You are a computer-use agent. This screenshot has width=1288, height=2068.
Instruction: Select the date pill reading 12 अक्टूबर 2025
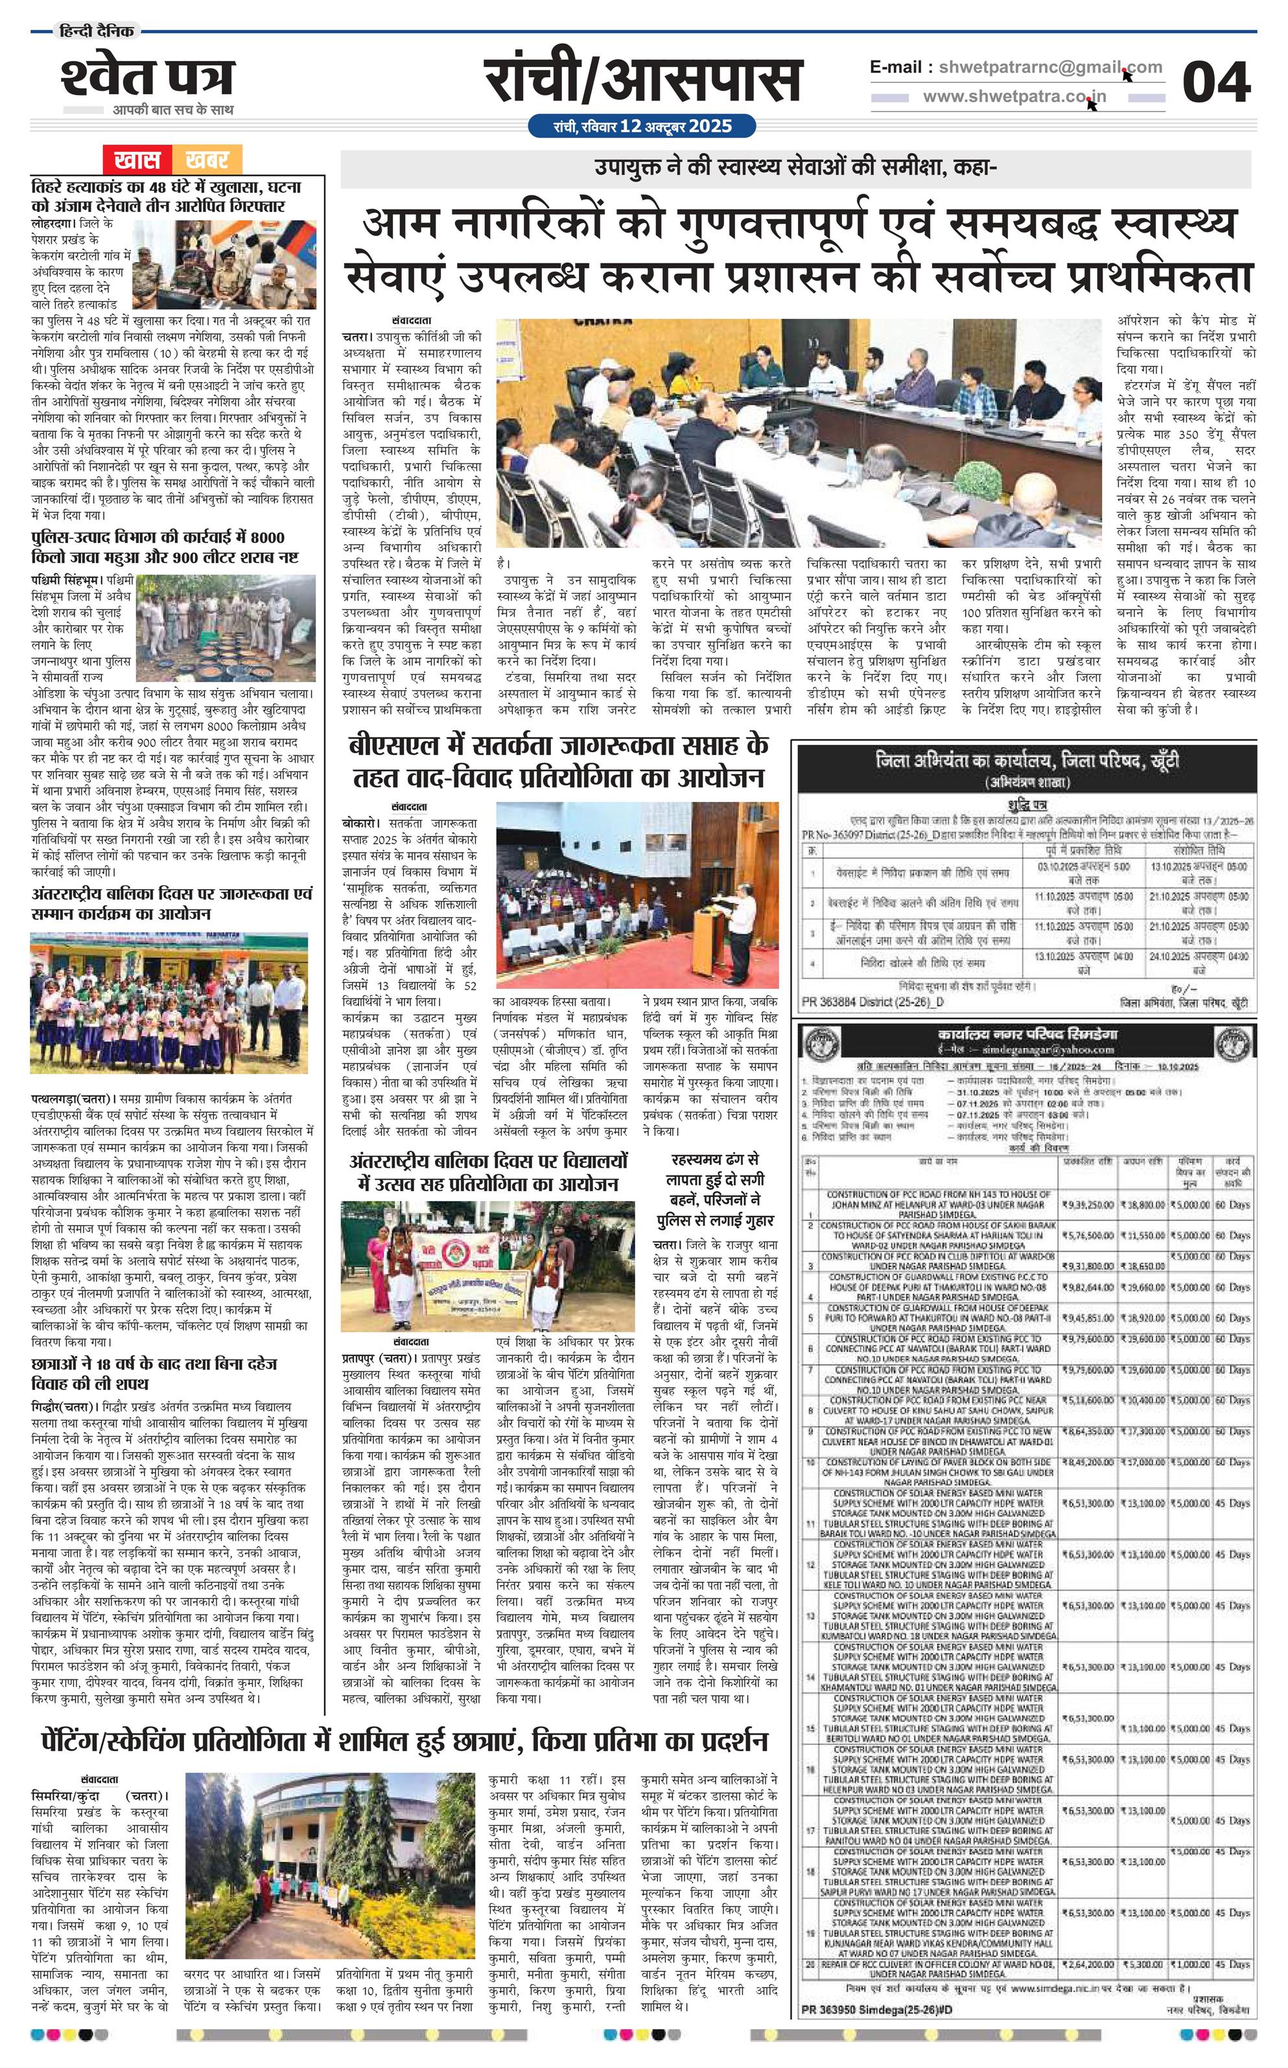click(642, 126)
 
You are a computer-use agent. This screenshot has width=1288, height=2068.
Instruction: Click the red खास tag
click(136, 160)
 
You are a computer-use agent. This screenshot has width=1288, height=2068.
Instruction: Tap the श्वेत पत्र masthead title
click(147, 76)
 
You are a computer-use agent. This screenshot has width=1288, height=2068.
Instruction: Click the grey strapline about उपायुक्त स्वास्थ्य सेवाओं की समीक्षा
click(795, 169)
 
